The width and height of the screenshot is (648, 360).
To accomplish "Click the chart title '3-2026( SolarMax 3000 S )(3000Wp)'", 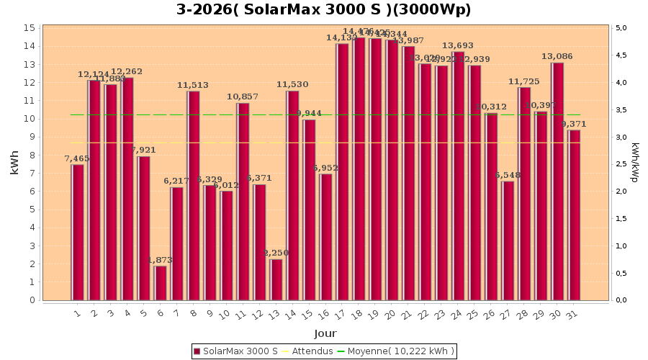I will pyautogui.click(x=324, y=10).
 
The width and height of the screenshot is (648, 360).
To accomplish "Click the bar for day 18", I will pyautogui.click(x=359, y=169).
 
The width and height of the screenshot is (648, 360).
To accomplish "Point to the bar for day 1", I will pyautogui.click(x=78, y=233).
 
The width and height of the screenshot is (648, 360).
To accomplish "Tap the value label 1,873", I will pyautogui.click(x=161, y=260).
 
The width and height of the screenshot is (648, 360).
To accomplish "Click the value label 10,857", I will pyautogui.click(x=243, y=96).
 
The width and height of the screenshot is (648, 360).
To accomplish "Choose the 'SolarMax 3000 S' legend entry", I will pyautogui.click(x=235, y=351).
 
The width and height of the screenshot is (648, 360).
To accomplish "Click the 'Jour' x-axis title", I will pyautogui.click(x=325, y=333).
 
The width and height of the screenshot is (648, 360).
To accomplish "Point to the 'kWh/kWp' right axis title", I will pyautogui.click(x=635, y=163).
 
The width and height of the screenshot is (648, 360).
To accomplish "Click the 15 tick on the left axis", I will pyautogui.click(x=30, y=28).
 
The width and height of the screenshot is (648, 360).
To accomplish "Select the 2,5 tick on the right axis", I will pyautogui.click(x=620, y=164).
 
